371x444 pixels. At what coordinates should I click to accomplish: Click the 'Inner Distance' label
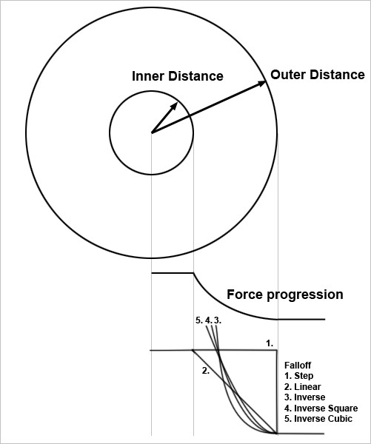click(x=178, y=76)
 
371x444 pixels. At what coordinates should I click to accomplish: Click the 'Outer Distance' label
click(x=318, y=75)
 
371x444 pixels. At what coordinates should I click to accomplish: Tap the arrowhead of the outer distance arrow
click(x=262, y=83)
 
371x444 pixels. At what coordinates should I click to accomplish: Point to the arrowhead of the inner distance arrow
click(x=174, y=106)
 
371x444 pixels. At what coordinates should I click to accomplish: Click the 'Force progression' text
click(x=285, y=295)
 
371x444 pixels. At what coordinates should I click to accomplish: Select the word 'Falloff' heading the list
click(x=298, y=366)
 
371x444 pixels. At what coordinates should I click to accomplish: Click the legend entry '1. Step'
click(x=299, y=376)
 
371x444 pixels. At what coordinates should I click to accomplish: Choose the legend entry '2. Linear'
click(x=303, y=386)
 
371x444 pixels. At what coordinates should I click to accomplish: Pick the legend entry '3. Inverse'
click(x=304, y=397)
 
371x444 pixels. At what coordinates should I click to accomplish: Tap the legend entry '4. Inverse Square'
click(x=321, y=408)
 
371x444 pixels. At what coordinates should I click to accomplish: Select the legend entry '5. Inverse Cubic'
click(x=318, y=419)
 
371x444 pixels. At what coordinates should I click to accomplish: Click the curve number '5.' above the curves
click(x=199, y=320)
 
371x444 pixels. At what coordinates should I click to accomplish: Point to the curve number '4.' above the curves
click(x=208, y=320)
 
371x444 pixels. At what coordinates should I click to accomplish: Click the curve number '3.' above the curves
click(x=218, y=320)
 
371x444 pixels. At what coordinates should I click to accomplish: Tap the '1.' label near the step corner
click(x=270, y=343)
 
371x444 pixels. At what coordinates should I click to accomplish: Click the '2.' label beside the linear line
click(x=206, y=371)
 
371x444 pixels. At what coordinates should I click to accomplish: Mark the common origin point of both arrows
click(x=152, y=132)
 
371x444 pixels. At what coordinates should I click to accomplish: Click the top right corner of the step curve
click(x=277, y=351)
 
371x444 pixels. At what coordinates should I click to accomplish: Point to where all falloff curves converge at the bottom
click(x=276, y=433)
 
